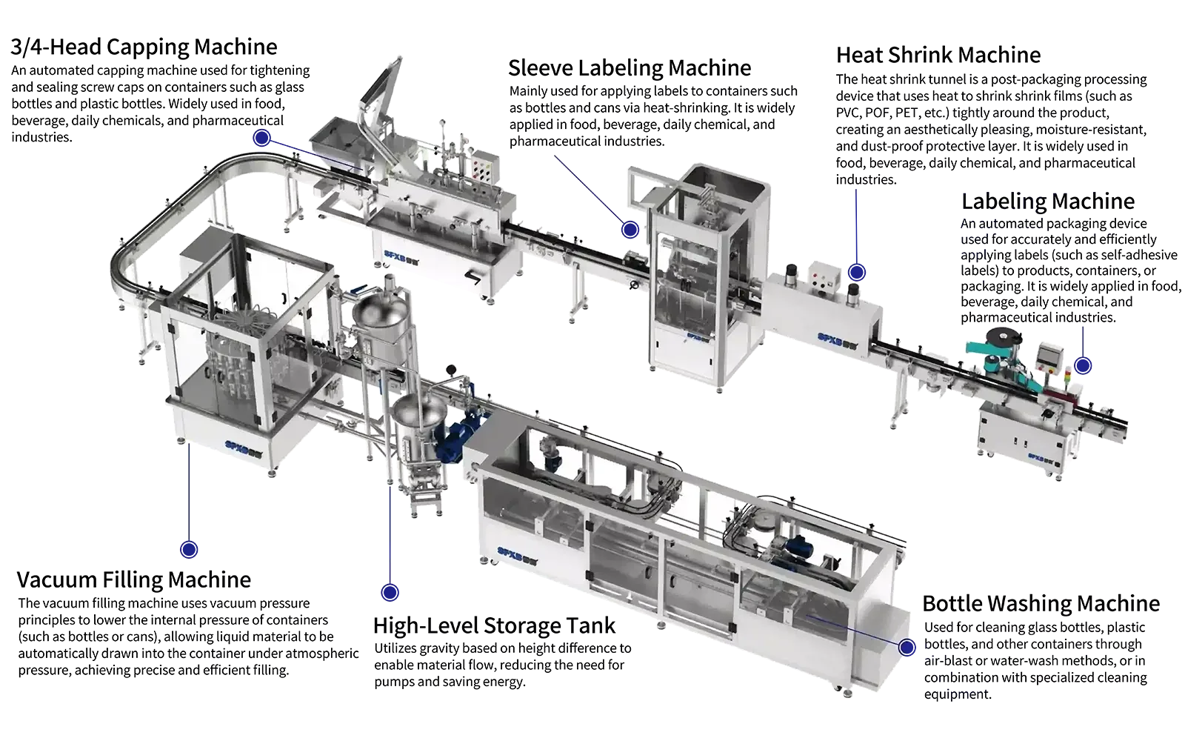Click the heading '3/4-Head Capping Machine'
(144, 47)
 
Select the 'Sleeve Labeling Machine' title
(630, 68)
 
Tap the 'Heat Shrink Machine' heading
(938, 55)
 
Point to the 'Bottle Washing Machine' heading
(1041, 604)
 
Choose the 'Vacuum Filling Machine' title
(134, 580)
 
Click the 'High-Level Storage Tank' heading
(494, 626)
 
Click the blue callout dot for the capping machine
(262, 138)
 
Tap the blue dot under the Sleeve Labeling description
(630, 230)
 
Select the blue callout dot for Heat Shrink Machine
(857, 273)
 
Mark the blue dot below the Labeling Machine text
(1083, 366)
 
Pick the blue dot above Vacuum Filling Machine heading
(189, 549)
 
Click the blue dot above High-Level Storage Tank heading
(390, 592)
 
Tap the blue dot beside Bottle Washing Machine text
(907, 648)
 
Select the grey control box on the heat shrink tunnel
(824, 277)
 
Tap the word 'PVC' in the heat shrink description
(848, 113)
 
